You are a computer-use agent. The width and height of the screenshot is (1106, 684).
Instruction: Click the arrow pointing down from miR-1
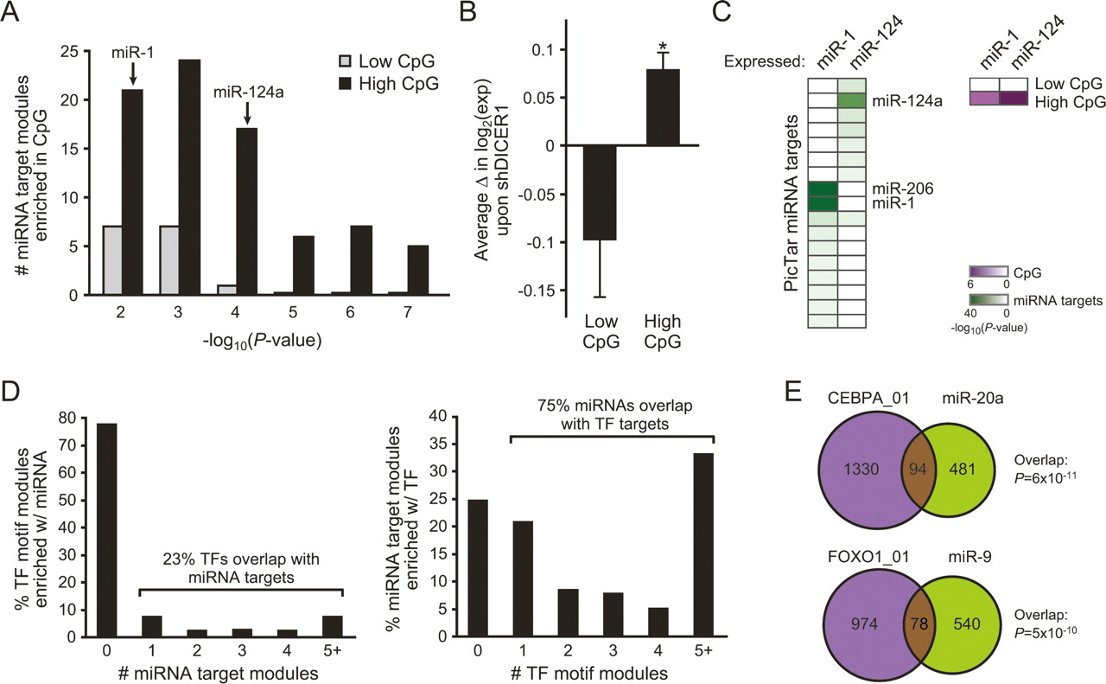click(133, 75)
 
